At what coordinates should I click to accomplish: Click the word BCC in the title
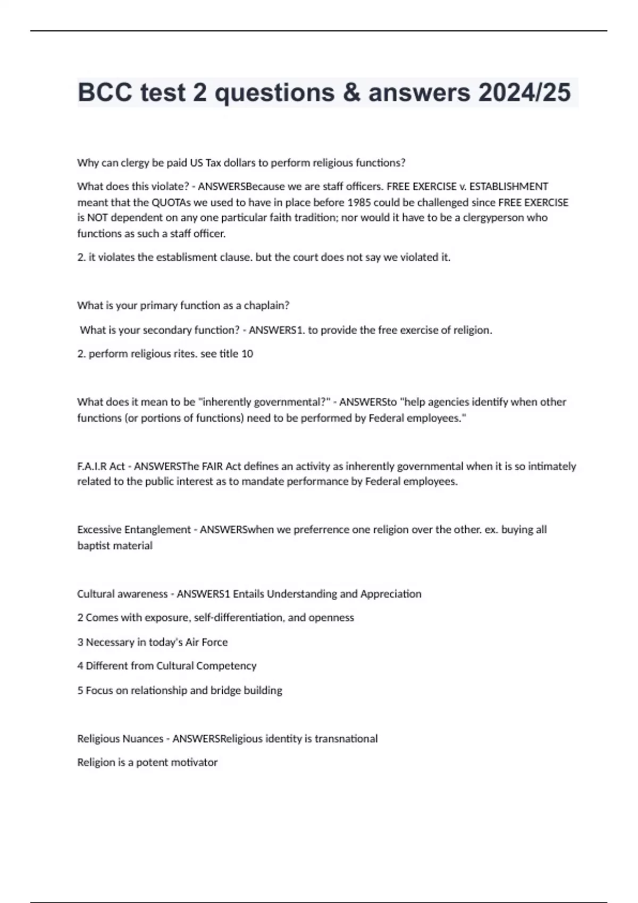(105, 92)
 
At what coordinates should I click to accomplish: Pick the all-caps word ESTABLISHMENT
(508, 186)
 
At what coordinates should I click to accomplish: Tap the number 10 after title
(247, 354)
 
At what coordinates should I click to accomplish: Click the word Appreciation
(391, 594)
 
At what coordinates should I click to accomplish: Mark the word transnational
(346, 739)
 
